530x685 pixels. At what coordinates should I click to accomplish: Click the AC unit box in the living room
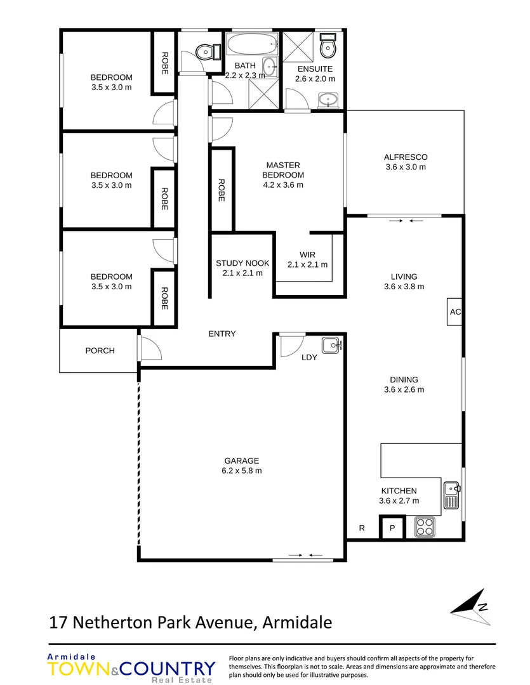click(x=454, y=311)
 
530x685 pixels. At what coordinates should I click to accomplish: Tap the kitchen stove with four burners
click(x=425, y=526)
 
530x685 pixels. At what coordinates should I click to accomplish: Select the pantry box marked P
click(x=392, y=528)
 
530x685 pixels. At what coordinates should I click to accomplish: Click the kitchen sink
click(x=452, y=495)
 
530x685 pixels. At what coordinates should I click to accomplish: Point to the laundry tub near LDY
click(x=332, y=345)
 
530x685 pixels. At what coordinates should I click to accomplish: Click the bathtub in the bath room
click(x=253, y=44)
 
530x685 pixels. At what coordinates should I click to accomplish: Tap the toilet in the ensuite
click(x=328, y=46)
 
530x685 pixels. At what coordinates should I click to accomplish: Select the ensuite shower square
click(x=298, y=46)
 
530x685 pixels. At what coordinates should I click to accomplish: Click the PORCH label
click(x=100, y=350)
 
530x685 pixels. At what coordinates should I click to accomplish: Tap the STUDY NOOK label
click(x=242, y=263)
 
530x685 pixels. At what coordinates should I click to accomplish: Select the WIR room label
click(x=307, y=254)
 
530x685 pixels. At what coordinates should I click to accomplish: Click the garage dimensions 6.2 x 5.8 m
click(x=242, y=471)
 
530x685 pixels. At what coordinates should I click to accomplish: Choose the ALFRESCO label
click(x=406, y=157)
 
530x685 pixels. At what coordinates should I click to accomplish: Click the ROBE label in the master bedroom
click(x=222, y=190)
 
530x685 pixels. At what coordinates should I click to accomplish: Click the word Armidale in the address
click(x=297, y=622)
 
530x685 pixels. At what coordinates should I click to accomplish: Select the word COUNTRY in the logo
click(x=168, y=669)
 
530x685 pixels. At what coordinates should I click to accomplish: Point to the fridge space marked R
click(x=362, y=528)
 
